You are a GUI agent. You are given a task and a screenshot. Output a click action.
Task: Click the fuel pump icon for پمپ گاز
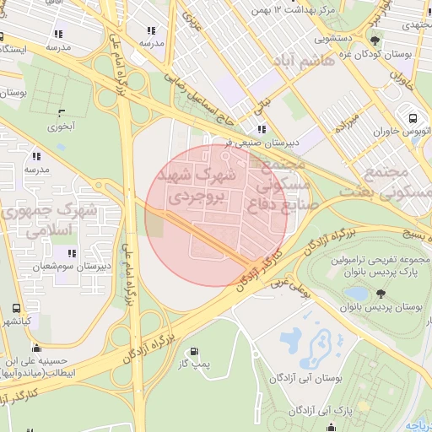point(195,351)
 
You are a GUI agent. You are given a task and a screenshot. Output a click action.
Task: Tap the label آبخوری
point(61,127)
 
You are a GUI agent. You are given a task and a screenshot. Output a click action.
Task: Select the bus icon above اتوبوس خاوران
point(413,119)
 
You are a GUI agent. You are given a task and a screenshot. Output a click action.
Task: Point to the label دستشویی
point(335,38)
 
